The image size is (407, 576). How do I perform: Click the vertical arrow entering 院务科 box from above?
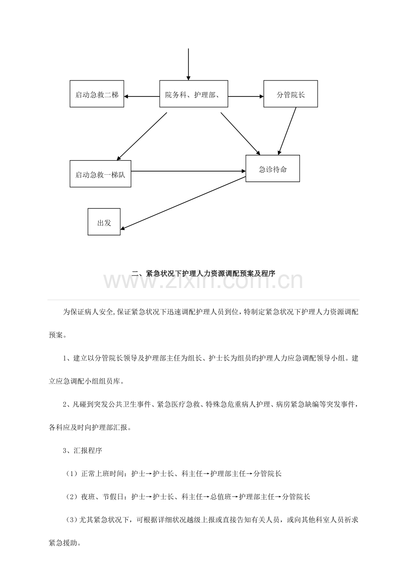point(188,64)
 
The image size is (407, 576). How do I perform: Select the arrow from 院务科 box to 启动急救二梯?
point(142,96)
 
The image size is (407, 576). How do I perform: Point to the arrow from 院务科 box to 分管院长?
point(246,96)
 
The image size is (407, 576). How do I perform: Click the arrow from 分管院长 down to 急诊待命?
point(287,131)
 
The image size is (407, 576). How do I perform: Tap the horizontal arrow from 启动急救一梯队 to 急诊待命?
point(188,171)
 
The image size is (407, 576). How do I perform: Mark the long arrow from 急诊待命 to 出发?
point(183,203)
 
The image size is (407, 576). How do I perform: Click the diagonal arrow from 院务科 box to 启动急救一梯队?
point(142,136)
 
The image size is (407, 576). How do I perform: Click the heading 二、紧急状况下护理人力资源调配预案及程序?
point(203,273)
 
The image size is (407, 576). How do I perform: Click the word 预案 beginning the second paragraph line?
point(56,335)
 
